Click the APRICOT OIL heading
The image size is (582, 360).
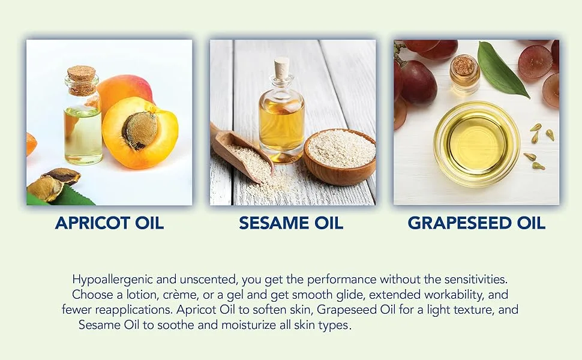coord(109,223)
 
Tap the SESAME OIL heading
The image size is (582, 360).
coord(291,223)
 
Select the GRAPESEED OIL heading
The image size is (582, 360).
coord(476,223)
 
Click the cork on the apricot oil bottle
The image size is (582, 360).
coord(82,80)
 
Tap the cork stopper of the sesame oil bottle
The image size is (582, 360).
coord(282,68)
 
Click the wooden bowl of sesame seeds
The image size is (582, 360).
coord(340,157)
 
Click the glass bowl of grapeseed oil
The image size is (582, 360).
coord(476,144)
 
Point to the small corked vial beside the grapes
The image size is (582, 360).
coord(464,74)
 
